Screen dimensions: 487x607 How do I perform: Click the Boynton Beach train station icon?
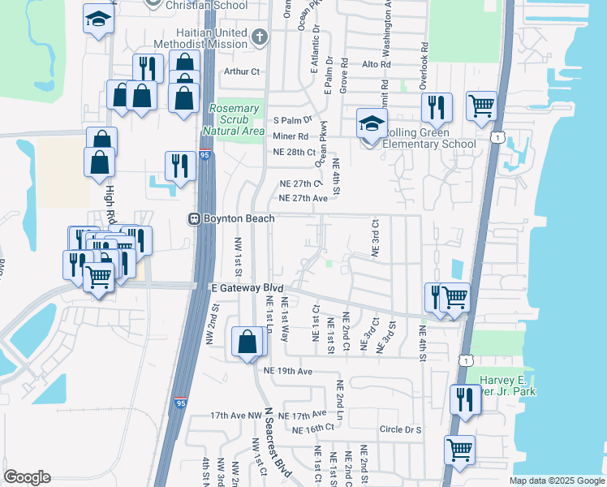tap(195, 218)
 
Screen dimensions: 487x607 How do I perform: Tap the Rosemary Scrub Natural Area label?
tap(237, 119)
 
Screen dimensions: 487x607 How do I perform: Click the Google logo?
tap(27, 477)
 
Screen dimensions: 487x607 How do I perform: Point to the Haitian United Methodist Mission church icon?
tap(259, 37)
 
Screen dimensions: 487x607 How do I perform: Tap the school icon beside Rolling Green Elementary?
tap(371, 125)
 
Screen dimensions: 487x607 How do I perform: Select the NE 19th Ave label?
tap(288, 371)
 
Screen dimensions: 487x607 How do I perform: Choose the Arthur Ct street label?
tap(242, 71)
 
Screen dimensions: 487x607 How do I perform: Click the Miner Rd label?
tap(291, 136)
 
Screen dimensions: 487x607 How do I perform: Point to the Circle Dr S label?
tap(400, 429)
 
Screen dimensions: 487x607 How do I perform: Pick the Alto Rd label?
tap(377, 64)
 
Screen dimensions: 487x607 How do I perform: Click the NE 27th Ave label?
tap(303, 198)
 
